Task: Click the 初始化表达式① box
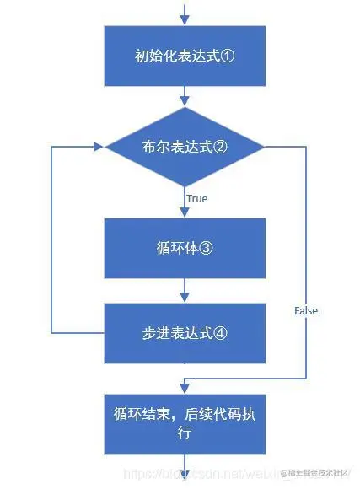pyautogui.click(x=184, y=56)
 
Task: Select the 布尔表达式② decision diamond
pyautogui.click(x=184, y=146)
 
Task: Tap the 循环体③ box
pyautogui.click(x=184, y=249)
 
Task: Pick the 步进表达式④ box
pyautogui.click(x=184, y=331)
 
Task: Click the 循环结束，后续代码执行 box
pyautogui.click(x=184, y=423)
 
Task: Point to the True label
pyautogui.click(x=197, y=199)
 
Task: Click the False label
pyautogui.click(x=306, y=311)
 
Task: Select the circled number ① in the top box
pyautogui.click(x=226, y=57)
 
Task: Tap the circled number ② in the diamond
pyautogui.click(x=220, y=147)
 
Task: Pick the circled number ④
pyautogui.click(x=220, y=332)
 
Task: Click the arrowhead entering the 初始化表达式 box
pyautogui.click(x=184, y=20)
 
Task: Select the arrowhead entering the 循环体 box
pyautogui.click(x=184, y=213)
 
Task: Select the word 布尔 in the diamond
pyautogui.click(x=153, y=147)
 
